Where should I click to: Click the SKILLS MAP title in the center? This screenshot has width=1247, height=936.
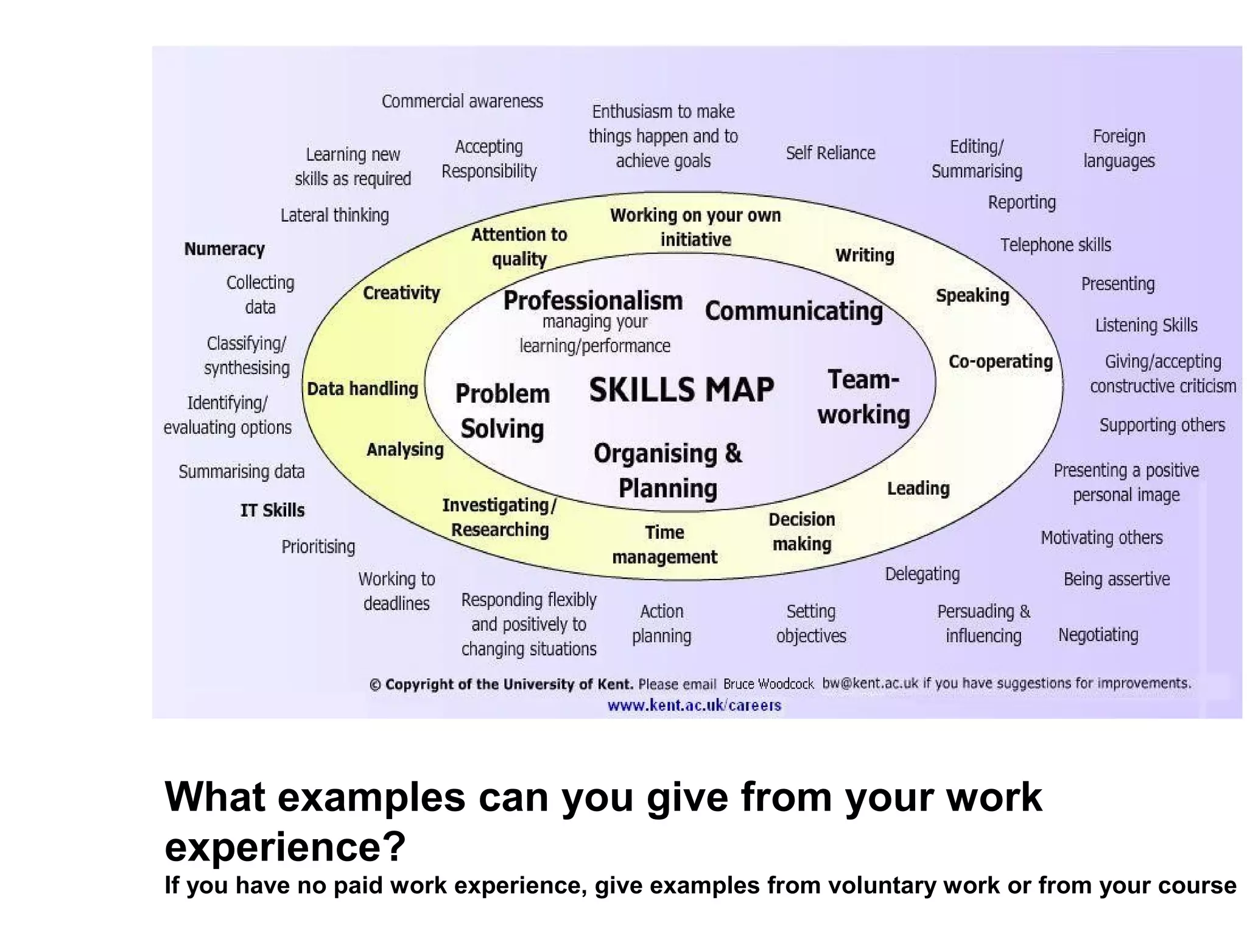[681, 390]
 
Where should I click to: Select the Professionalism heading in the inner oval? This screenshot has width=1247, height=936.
[592, 301]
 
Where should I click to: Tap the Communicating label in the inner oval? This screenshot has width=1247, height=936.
[793, 311]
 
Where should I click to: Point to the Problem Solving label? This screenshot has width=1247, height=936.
[502, 411]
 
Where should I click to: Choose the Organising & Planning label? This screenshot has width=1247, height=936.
[668, 470]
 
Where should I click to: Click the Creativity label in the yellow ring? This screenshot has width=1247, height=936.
[401, 293]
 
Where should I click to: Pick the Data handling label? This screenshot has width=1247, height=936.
[362, 389]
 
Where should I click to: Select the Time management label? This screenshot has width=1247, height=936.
[664, 545]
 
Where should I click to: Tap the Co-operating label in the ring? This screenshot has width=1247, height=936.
[1000, 361]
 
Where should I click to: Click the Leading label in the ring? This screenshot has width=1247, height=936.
[918, 488]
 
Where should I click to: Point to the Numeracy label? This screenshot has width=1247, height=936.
[224, 249]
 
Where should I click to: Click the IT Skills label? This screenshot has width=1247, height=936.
[272, 510]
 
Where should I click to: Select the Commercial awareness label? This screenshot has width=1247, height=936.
[462, 101]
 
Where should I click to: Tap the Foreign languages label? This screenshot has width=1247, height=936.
[1119, 148]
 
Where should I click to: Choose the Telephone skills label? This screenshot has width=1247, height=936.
[1055, 245]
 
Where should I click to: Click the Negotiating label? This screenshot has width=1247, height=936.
[1098, 635]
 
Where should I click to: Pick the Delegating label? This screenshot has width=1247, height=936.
[922, 574]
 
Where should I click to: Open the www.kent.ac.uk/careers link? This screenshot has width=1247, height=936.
[694, 706]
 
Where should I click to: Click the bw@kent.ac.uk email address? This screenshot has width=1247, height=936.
[869, 683]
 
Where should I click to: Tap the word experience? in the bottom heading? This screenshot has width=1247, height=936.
[285, 846]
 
